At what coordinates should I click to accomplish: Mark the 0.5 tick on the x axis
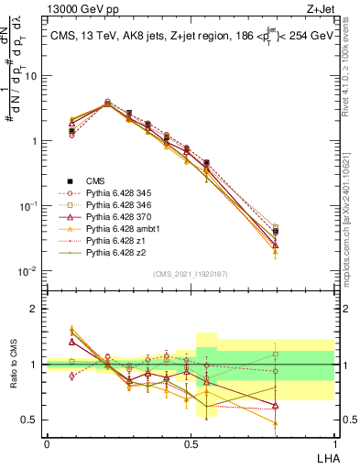191,443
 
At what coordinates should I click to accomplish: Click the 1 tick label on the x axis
333,443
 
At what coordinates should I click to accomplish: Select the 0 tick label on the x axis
47,443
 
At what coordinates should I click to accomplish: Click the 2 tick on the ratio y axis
37,309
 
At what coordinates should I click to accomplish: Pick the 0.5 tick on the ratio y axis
33,420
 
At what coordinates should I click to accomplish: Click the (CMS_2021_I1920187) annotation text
190,274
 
